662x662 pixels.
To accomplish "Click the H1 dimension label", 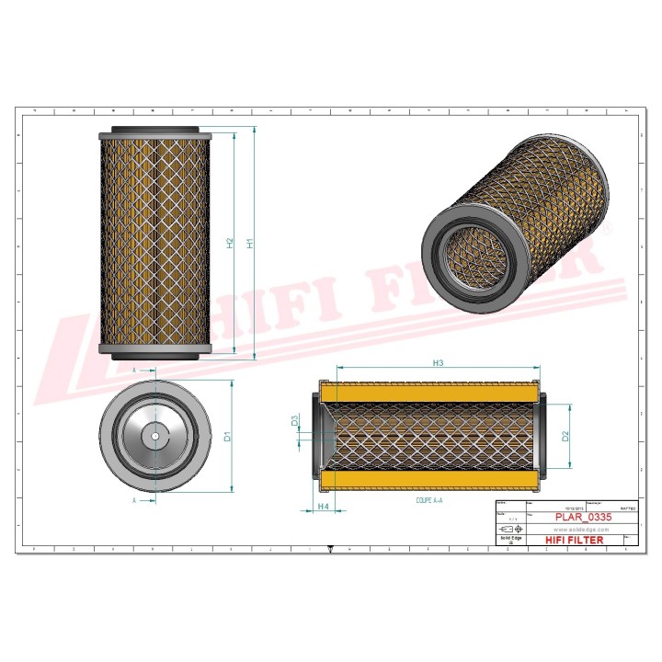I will click(x=249, y=245).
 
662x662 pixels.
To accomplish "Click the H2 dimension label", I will click(x=230, y=245).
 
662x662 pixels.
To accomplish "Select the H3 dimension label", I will click(x=438, y=364).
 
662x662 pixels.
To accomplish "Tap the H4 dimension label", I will click(x=323, y=507).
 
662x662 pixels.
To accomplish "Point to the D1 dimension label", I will click(x=228, y=436).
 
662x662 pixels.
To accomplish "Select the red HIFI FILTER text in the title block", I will click(x=575, y=541).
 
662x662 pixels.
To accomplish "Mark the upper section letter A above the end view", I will click(x=135, y=370).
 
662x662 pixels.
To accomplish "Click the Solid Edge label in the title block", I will click(x=508, y=541).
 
